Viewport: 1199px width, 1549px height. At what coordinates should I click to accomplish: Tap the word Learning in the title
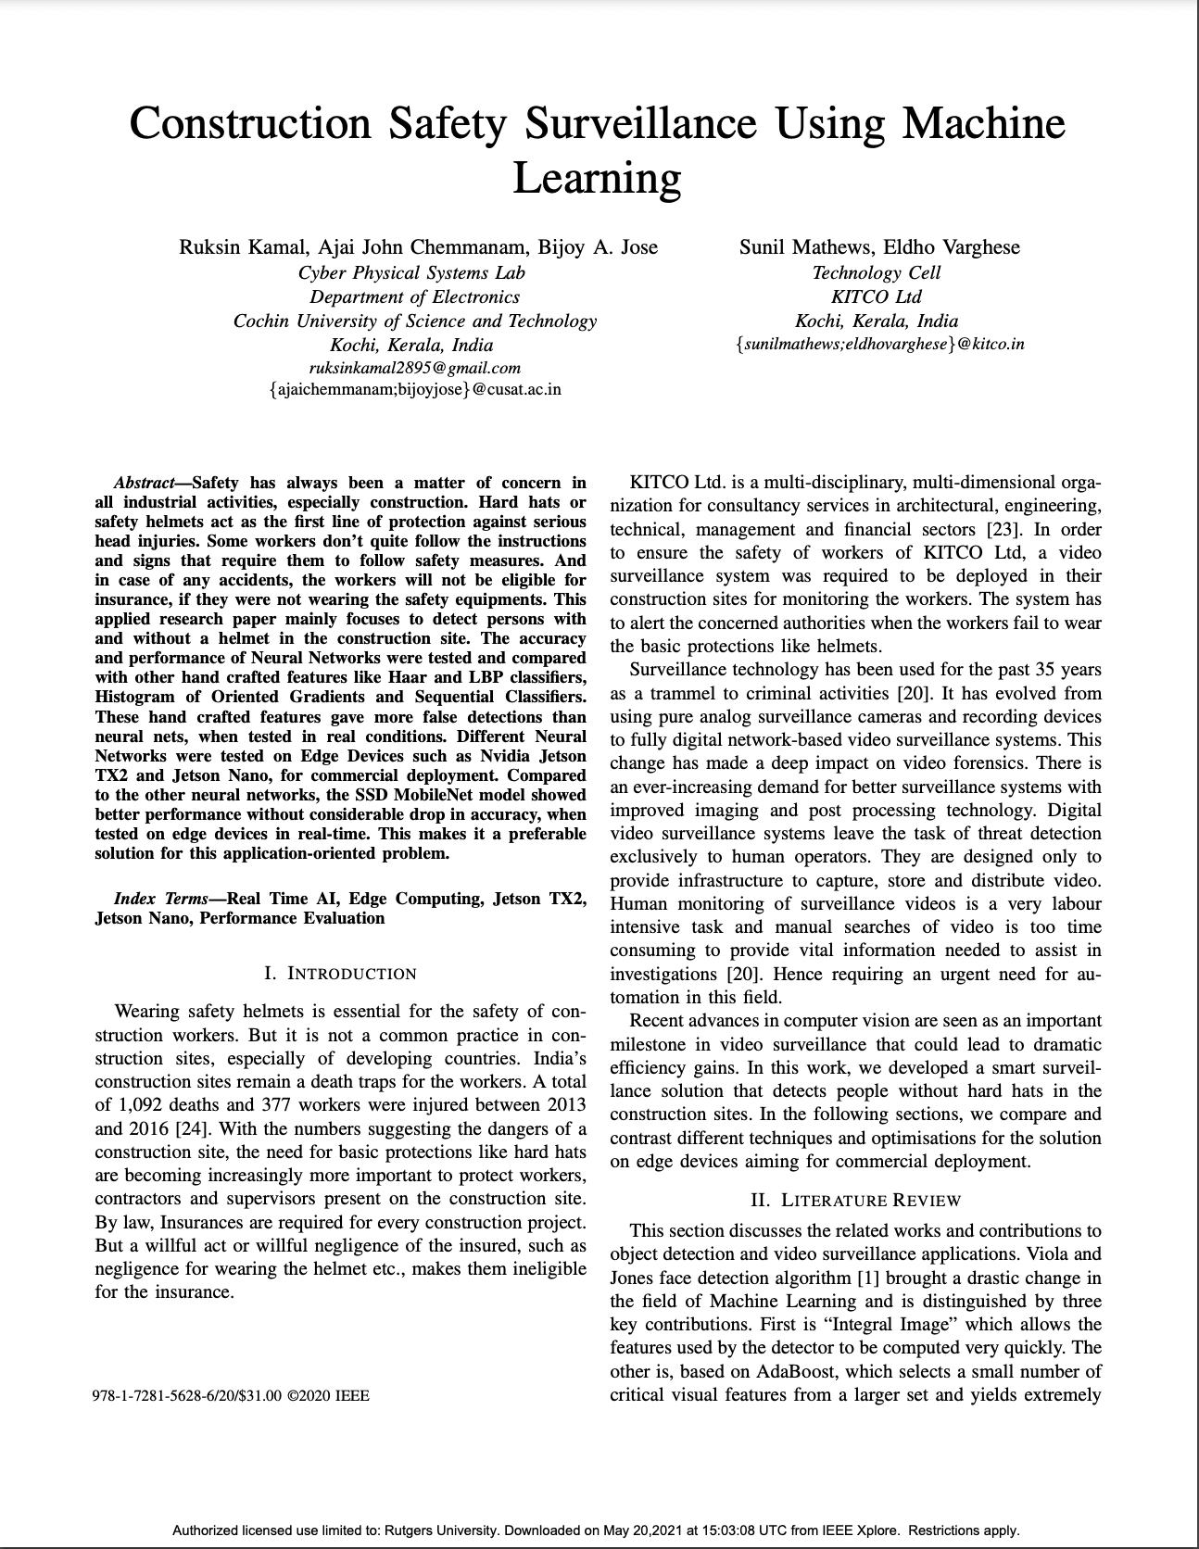(x=597, y=177)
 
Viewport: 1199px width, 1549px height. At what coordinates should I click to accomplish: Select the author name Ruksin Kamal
(x=243, y=247)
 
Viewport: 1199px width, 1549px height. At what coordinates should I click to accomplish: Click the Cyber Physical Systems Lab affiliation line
(x=411, y=272)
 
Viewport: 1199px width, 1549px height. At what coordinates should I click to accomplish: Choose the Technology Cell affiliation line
(x=876, y=272)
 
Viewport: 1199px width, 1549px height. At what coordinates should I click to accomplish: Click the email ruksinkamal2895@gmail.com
(x=414, y=368)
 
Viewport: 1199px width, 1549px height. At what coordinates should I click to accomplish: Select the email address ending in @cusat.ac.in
(x=414, y=389)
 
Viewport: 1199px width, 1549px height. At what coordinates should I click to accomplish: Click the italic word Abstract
(x=143, y=483)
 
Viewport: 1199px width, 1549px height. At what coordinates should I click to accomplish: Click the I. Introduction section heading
(x=340, y=974)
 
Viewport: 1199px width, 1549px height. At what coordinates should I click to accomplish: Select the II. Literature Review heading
(x=855, y=1201)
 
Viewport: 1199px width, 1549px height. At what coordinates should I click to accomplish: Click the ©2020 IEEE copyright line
(x=329, y=1395)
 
